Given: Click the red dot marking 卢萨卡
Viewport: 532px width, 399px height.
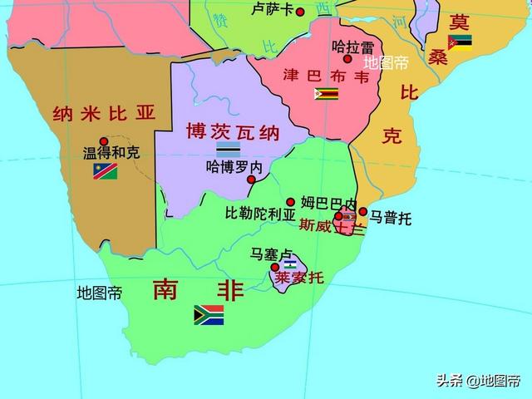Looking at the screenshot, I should (300, 11).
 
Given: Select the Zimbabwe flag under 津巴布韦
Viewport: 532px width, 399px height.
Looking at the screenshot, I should (325, 94).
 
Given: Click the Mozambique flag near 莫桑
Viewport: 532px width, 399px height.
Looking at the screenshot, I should (460, 42).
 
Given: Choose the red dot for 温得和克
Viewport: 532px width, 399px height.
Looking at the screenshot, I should (104, 141).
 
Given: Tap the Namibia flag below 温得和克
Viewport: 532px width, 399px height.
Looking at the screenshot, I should (106, 171).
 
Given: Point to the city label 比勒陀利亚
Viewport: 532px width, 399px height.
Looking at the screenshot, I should (260, 213).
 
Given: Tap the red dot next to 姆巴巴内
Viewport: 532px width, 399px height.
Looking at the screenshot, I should (291, 202).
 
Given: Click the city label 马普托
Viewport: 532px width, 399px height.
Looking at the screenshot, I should (391, 219).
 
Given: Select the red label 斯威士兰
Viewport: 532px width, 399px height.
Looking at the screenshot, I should (328, 225).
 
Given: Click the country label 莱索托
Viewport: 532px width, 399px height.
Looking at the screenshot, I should (299, 278).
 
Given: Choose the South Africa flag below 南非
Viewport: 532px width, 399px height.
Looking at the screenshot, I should (209, 314).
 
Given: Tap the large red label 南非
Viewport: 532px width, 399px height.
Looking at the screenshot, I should (199, 289).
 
